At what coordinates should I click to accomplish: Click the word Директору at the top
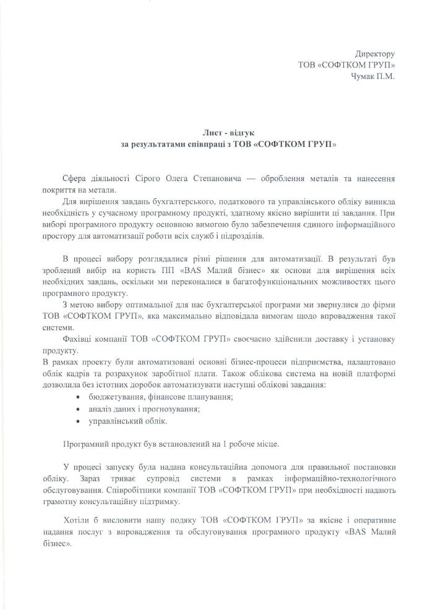(x=374, y=54)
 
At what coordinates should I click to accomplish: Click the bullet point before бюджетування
(x=78, y=396)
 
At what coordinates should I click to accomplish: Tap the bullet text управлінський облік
(x=127, y=421)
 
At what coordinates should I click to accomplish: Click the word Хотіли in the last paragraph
(x=79, y=520)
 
